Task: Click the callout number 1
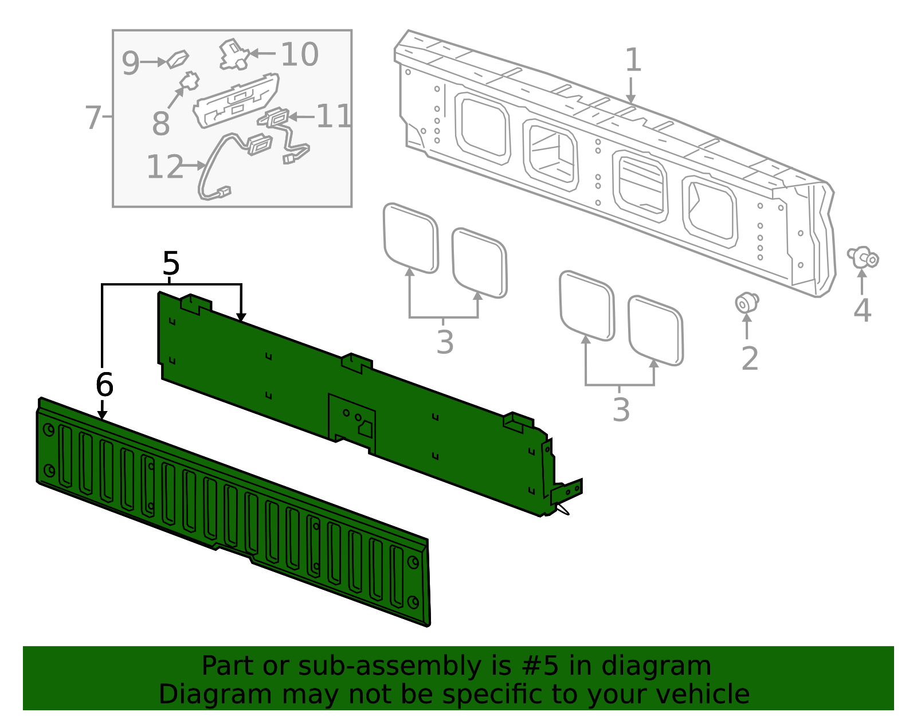pos(632,61)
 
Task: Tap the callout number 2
pos(750,359)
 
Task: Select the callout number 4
pos(862,310)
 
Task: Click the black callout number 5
pos(171,264)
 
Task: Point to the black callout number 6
pos(104,384)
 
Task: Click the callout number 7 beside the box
pos(93,118)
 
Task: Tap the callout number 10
pos(299,55)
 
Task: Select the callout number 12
pos(165,167)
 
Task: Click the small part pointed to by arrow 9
pos(178,58)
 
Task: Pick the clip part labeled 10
pos(233,55)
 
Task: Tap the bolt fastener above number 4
pos(863,257)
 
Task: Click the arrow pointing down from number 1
pos(631,92)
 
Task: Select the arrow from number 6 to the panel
pos(102,409)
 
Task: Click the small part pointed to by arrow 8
pos(189,81)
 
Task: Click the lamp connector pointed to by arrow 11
pos(277,118)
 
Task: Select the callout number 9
pos(131,63)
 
